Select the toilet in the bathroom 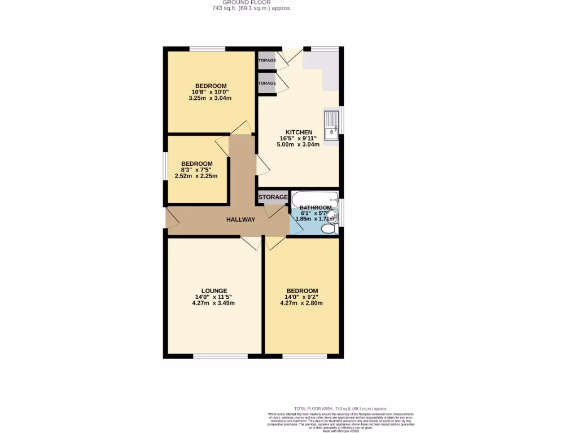pyautogui.click(x=328, y=228)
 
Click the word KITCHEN pyautogui.click(x=299, y=132)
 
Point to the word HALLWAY pyautogui.click(x=241, y=219)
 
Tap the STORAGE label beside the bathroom pyautogui.click(x=273, y=197)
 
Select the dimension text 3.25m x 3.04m pyautogui.click(x=210, y=98)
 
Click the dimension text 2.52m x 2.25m pyautogui.click(x=196, y=176)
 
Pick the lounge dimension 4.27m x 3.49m pyautogui.click(x=213, y=303)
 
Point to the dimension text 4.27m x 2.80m pyautogui.click(x=301, y=303)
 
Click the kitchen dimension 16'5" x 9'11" pyautogui.click(x=299, y=138)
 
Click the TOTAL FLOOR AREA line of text pyautogui.click(x=341, y=408)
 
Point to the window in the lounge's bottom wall pyautogui.click(x=220, y=356)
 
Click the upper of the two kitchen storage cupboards pyautogui.click(x=267, y=60)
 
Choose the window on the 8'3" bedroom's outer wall pyautogui.click(x=165, y=169)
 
